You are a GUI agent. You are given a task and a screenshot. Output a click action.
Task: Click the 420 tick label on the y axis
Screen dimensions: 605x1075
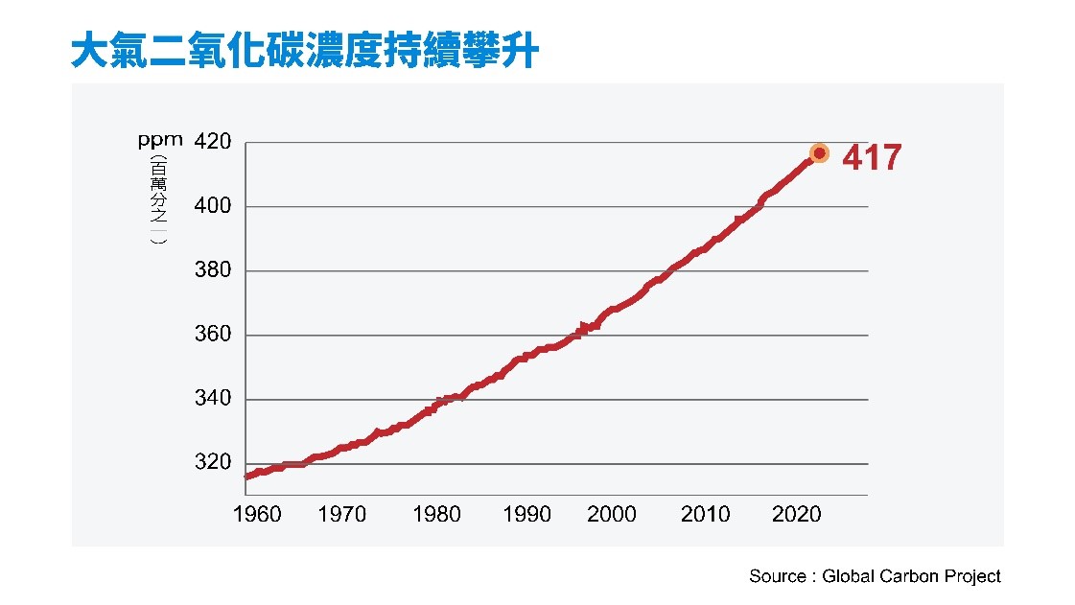(213, 142)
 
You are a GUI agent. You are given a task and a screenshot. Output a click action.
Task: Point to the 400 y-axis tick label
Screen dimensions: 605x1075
(213, 206)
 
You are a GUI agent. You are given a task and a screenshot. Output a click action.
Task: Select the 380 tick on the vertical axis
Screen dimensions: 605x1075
(213, 270)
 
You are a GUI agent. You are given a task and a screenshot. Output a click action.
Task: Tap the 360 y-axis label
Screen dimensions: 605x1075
(213, 335)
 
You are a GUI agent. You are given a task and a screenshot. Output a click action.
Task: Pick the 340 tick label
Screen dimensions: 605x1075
(213, 399)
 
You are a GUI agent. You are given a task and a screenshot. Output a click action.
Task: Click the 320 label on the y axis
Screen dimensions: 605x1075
(213, 463)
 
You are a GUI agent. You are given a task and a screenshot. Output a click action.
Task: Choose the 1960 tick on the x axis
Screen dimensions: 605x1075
(257, 515)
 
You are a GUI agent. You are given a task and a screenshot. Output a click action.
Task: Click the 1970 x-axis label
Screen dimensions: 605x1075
(342, 515)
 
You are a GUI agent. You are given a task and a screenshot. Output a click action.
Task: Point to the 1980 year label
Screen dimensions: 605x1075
(436, 515)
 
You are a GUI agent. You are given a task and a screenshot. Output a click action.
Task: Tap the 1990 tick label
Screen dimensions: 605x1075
(527, 515)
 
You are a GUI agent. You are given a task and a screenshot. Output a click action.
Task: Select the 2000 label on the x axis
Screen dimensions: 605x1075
(612, 515)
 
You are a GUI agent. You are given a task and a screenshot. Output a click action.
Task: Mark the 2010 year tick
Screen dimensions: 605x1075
(705, 515)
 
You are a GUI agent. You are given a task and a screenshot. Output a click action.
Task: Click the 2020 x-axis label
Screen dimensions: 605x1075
(797, 515)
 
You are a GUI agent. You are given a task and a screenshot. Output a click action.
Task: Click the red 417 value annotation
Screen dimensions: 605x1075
(872, 157)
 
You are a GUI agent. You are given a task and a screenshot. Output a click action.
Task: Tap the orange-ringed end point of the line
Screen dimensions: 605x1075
(819, 153)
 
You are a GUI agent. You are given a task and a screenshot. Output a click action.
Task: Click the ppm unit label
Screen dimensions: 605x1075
(160, 141)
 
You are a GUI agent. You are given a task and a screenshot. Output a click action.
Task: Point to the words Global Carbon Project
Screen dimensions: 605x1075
(911, 576)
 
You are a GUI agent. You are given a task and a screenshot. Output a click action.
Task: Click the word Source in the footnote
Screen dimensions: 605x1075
(777, 576)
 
